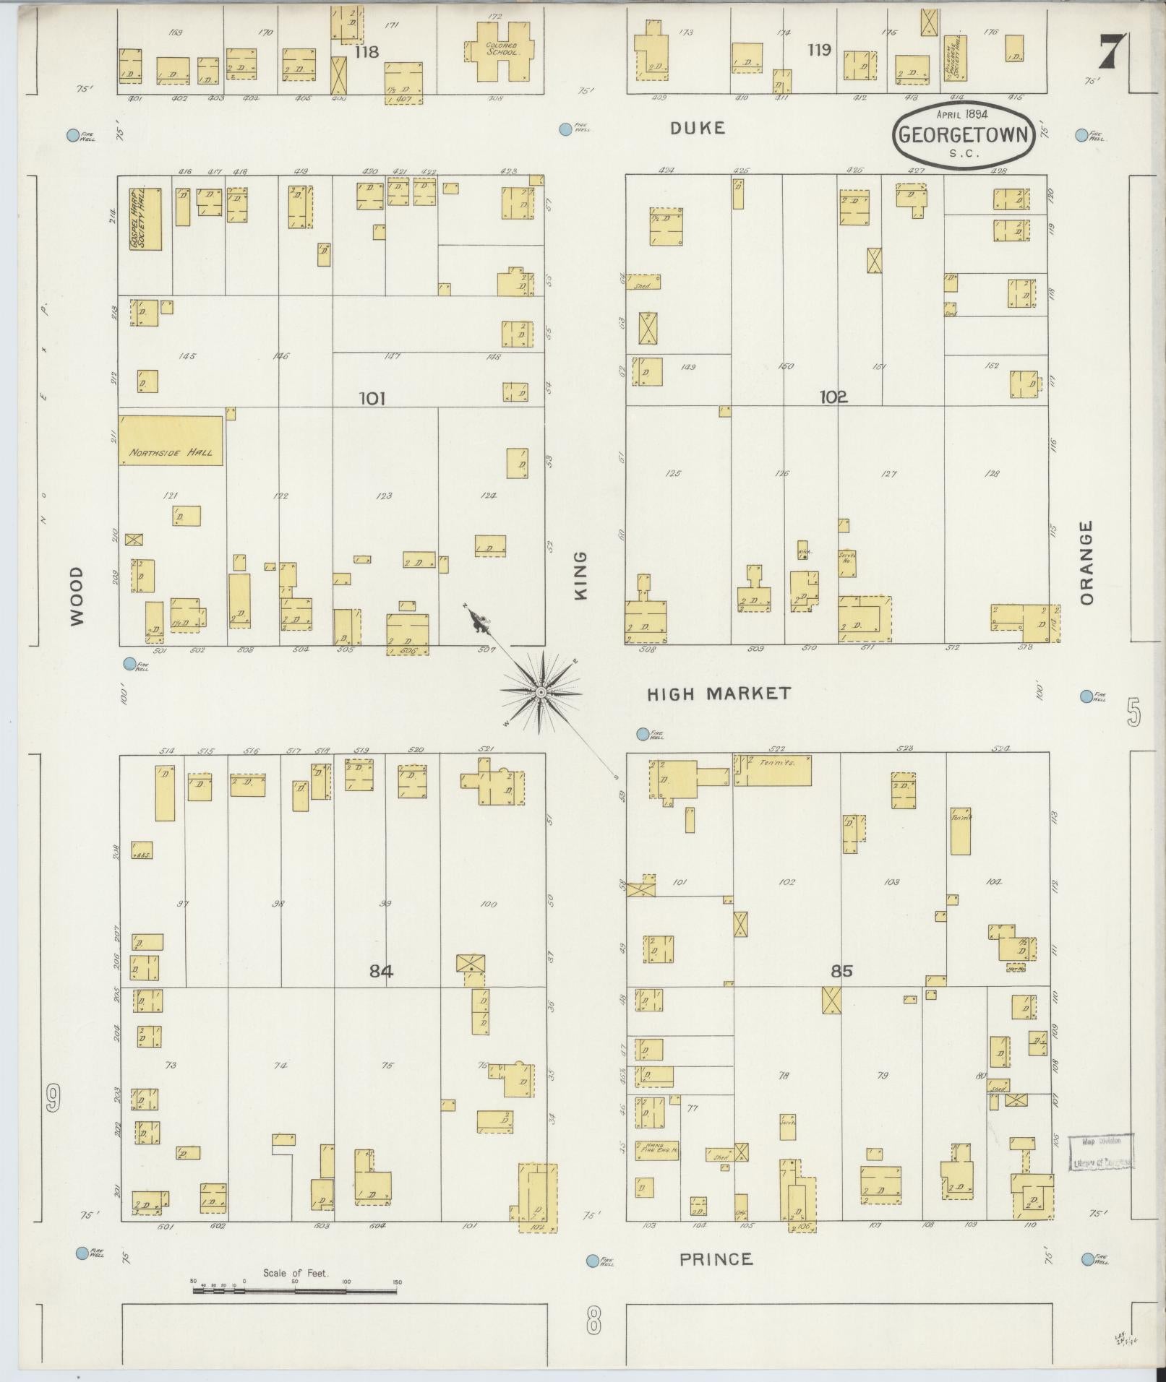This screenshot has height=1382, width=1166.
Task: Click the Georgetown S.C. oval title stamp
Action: [x=964, y=134]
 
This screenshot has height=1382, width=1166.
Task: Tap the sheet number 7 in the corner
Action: [x=1112, y=51]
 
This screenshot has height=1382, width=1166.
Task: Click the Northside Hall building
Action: [x=171, y=440]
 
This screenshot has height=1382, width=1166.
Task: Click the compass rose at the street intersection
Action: [x=540, y=693]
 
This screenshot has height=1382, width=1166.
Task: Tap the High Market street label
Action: [x=719, y=694]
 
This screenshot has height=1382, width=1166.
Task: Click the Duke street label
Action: [x=697, y=128]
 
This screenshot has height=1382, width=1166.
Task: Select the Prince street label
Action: [x=716, y=1259]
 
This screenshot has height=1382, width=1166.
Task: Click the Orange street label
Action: [x=1086, y=563]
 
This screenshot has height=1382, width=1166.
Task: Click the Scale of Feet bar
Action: [x=296, y=1290]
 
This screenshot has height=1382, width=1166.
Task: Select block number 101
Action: [x=372, y=398]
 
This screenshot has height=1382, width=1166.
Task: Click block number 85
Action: [x=841, y=971]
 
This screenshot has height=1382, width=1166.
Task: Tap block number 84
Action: [x=381, y=971]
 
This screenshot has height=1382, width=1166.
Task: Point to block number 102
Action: [x=833, y=397]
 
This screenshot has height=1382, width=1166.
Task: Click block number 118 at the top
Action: [x=366, y=52]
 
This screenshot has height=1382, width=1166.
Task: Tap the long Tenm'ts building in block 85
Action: [x=772, y=770]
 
